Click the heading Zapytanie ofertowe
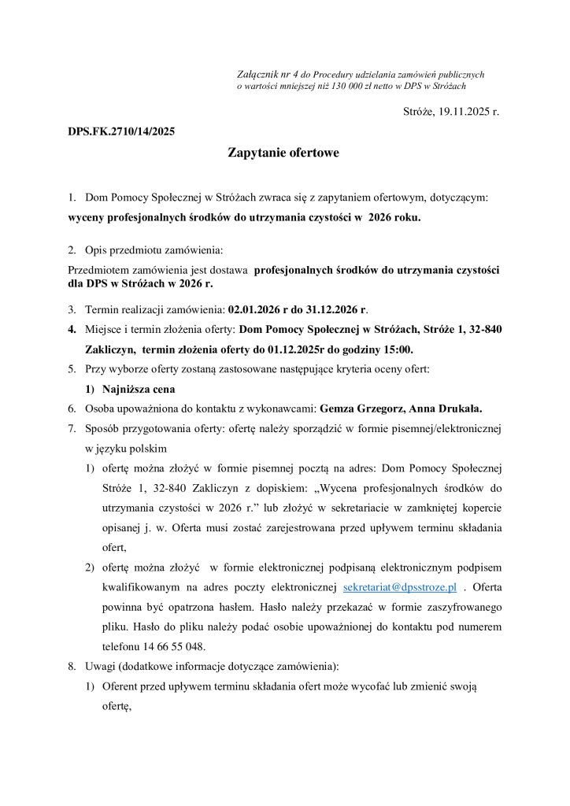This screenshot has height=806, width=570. [x=283, y=153]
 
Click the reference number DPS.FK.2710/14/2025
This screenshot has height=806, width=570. [x=121, y=130]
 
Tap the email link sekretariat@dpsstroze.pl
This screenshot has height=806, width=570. [x=401, y=588]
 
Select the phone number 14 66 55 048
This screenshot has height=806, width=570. [x=169, y=647]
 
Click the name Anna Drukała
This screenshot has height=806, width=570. [x=443, y=409]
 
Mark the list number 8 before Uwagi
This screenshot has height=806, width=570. [x=71, y=667]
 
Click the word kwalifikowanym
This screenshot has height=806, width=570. [x=140, y=588]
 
